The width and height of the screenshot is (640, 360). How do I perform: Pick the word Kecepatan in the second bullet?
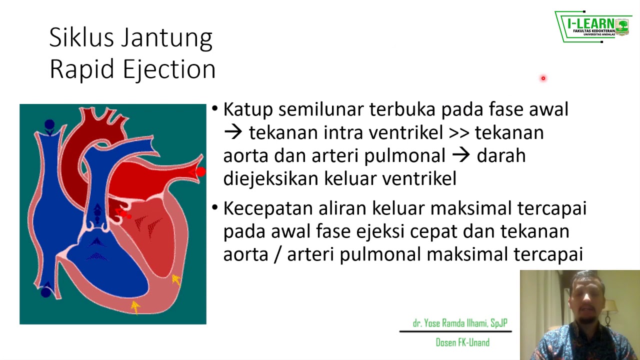(267, 208)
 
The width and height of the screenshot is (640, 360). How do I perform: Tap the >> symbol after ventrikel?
(459, 133)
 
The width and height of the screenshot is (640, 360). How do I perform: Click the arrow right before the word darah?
(460, 155)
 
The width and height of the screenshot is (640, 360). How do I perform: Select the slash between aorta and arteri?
(278, 254)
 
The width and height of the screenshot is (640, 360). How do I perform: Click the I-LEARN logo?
(593, 26)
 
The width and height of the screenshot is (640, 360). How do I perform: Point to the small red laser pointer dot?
(543, 78)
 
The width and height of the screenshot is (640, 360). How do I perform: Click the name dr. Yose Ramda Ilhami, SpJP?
(460, 323)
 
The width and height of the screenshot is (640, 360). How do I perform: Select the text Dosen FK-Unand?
(462, 342)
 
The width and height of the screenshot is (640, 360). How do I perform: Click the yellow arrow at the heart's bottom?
(135, 306)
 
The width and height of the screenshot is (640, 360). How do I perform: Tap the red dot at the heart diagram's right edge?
(200, 172)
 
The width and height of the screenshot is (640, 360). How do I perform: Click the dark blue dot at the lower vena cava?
(46, 292)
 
